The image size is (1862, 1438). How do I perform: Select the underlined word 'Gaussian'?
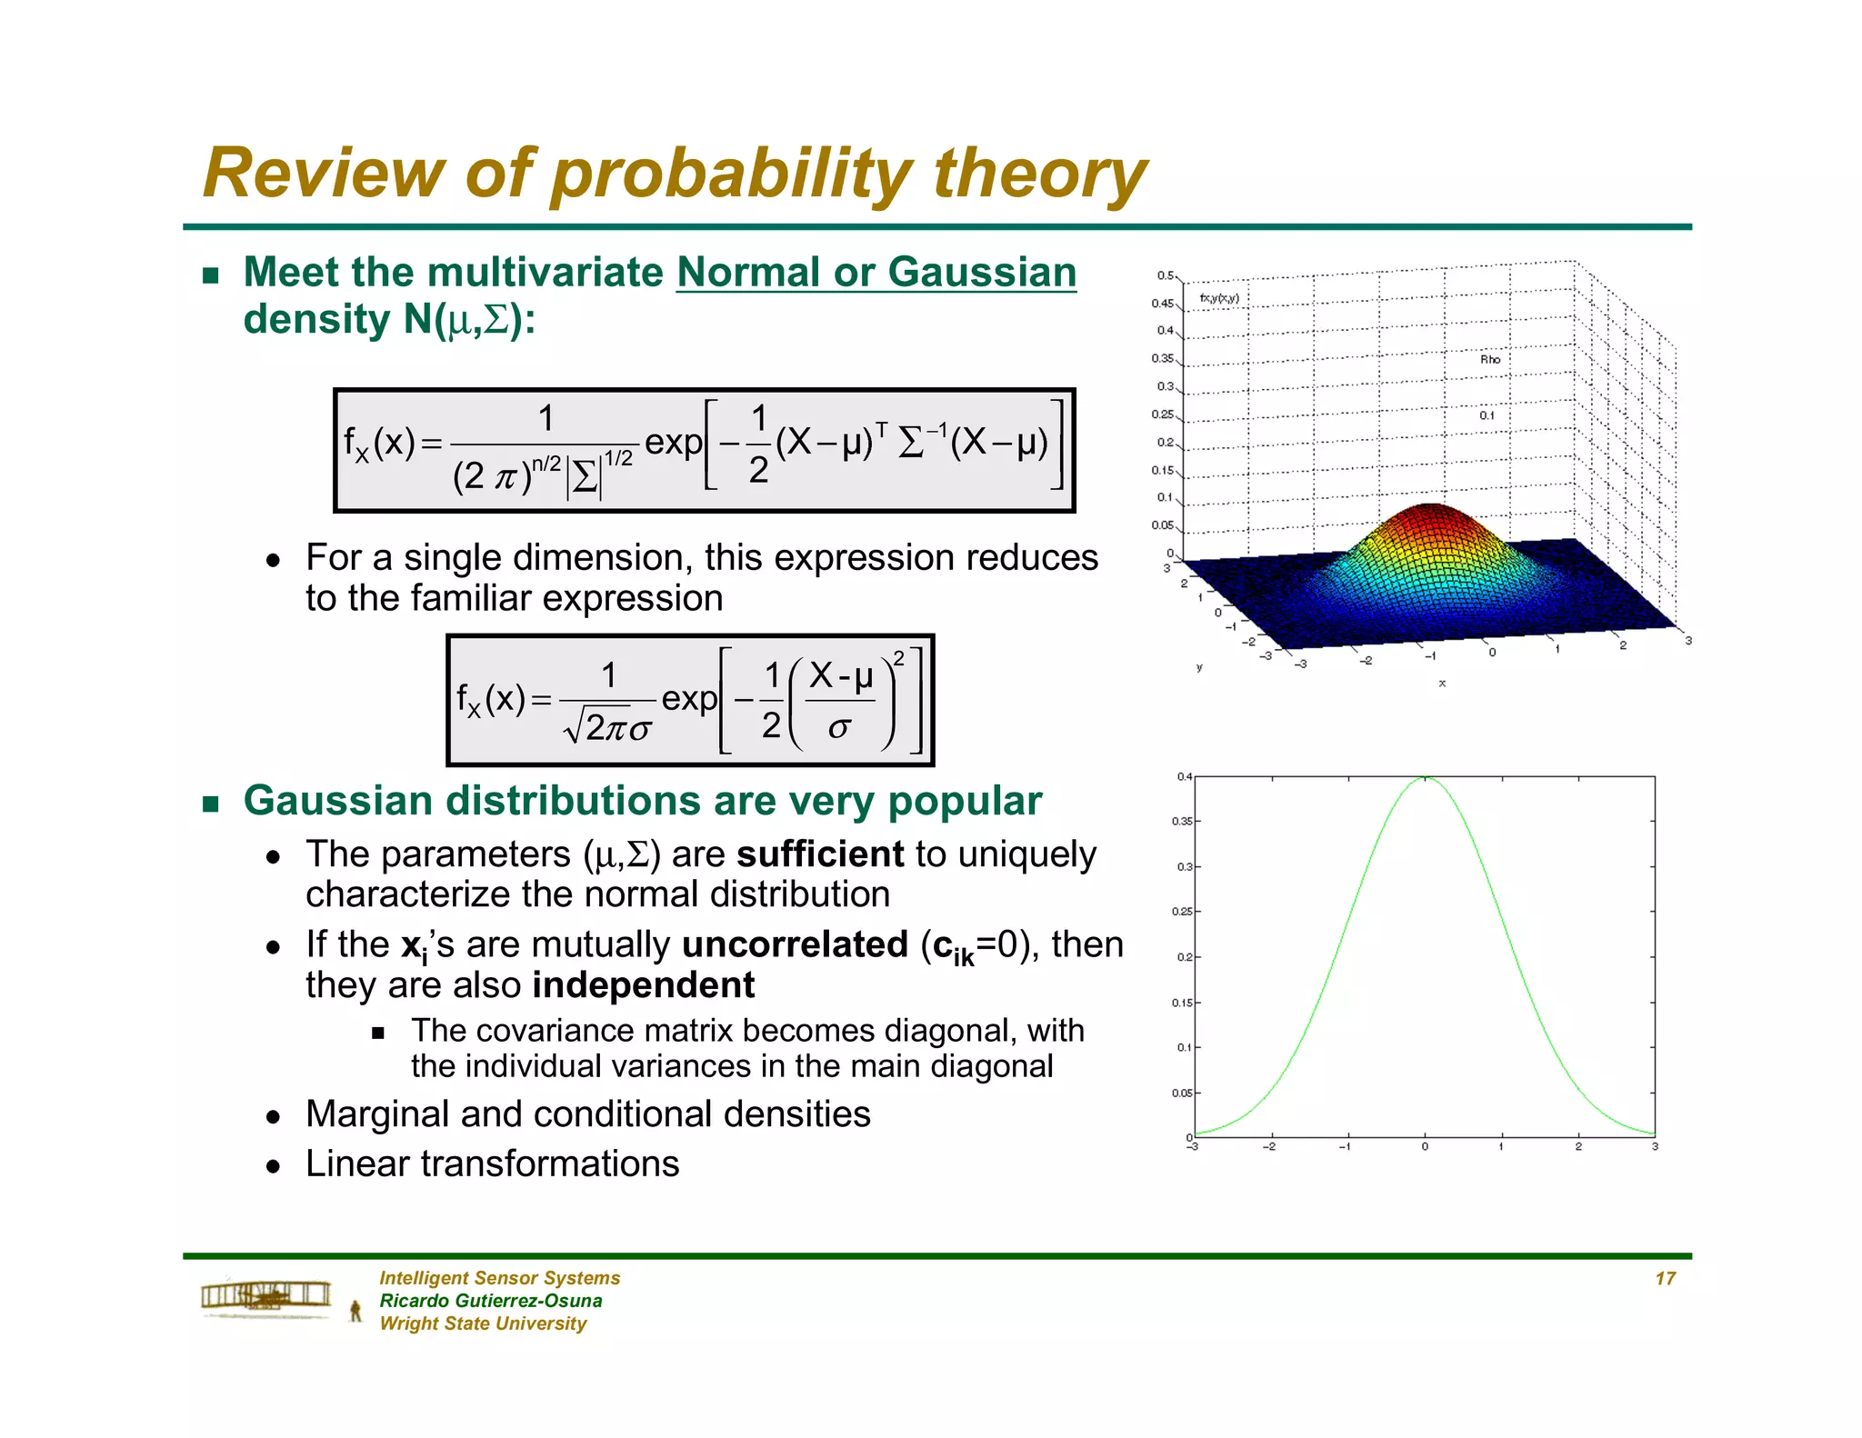pos(982,272)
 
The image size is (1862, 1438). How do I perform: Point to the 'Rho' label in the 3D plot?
pos(1489,359)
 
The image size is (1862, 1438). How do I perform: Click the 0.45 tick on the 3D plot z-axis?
pos(1163,304)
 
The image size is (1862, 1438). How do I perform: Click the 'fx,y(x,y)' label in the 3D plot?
pos(1219,298)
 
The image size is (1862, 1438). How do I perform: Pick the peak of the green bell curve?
pos(1425,778)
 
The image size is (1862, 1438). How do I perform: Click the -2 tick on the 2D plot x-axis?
pos(1270,1147)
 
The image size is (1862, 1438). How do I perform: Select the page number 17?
pos(1665,1278)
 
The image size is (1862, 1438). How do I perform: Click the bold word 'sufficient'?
pos(820,854)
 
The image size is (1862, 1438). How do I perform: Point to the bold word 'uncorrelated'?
pos(795,944)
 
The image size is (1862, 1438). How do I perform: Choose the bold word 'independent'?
pos(644,985)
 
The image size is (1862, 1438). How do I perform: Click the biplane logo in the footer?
pos(266,1295)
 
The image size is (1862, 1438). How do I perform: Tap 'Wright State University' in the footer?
pos(483,1323)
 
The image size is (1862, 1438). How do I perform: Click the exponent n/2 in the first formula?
pos(546,464)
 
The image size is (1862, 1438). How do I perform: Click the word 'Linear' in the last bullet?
pos(358,1163)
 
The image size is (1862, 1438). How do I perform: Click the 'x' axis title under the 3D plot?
pos(1442,683)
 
